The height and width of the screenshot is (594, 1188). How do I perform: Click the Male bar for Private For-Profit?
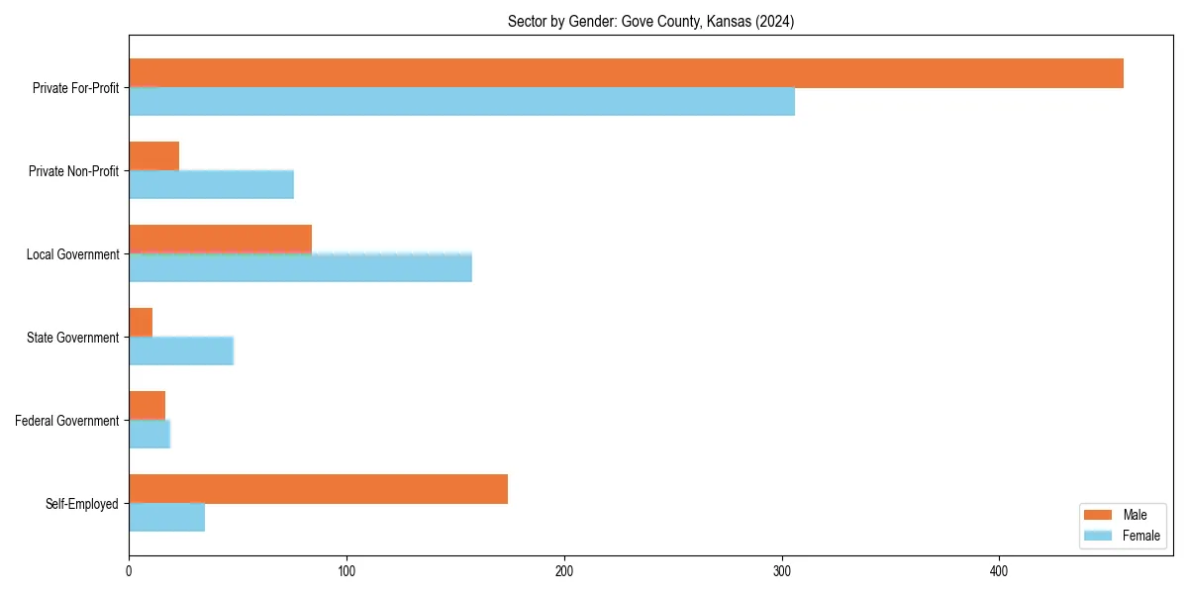tap(626, 73)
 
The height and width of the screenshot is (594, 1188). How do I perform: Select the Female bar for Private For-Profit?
tap(461, 102)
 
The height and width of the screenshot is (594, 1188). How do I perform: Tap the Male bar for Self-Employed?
tap(318, 489)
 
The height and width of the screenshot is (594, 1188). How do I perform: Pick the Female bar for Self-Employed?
tap(166, 518)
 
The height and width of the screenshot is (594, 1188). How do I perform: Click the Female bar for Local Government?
tap(300, 268)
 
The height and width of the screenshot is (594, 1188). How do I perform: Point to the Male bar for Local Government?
tap(220, 240)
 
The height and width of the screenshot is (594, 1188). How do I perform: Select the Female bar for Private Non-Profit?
tap(211, 185)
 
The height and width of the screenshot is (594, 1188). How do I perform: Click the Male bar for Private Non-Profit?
tap(153, 156)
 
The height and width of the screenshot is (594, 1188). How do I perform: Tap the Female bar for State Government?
tap(181, 351)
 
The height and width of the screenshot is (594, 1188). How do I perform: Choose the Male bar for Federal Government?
tap(147, 406)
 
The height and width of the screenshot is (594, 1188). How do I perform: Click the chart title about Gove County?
tap(650, 21)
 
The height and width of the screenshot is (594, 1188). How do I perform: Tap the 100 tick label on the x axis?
tap(346, 571)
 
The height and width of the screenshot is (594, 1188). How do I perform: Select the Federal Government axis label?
tap(66, 421)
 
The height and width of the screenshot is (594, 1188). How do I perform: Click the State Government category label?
tap(72, 338)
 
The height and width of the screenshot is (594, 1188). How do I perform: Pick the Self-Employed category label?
tap(81, 504)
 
